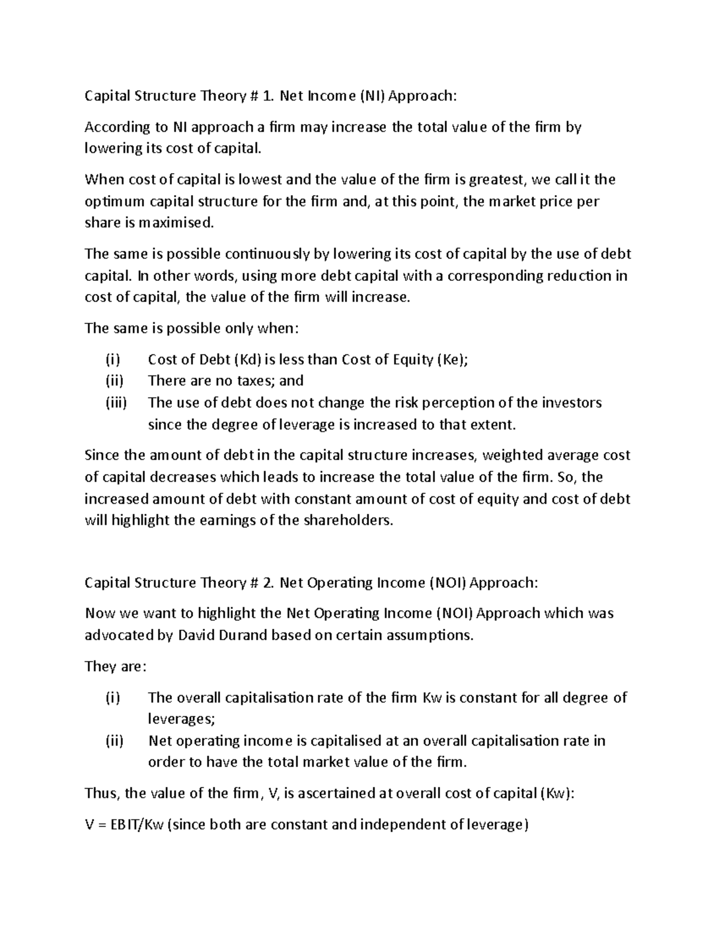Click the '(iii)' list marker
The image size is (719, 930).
(x=116, y=403)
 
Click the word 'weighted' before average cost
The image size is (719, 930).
(x=511, y=455)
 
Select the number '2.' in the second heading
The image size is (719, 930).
(x=268, y=583)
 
